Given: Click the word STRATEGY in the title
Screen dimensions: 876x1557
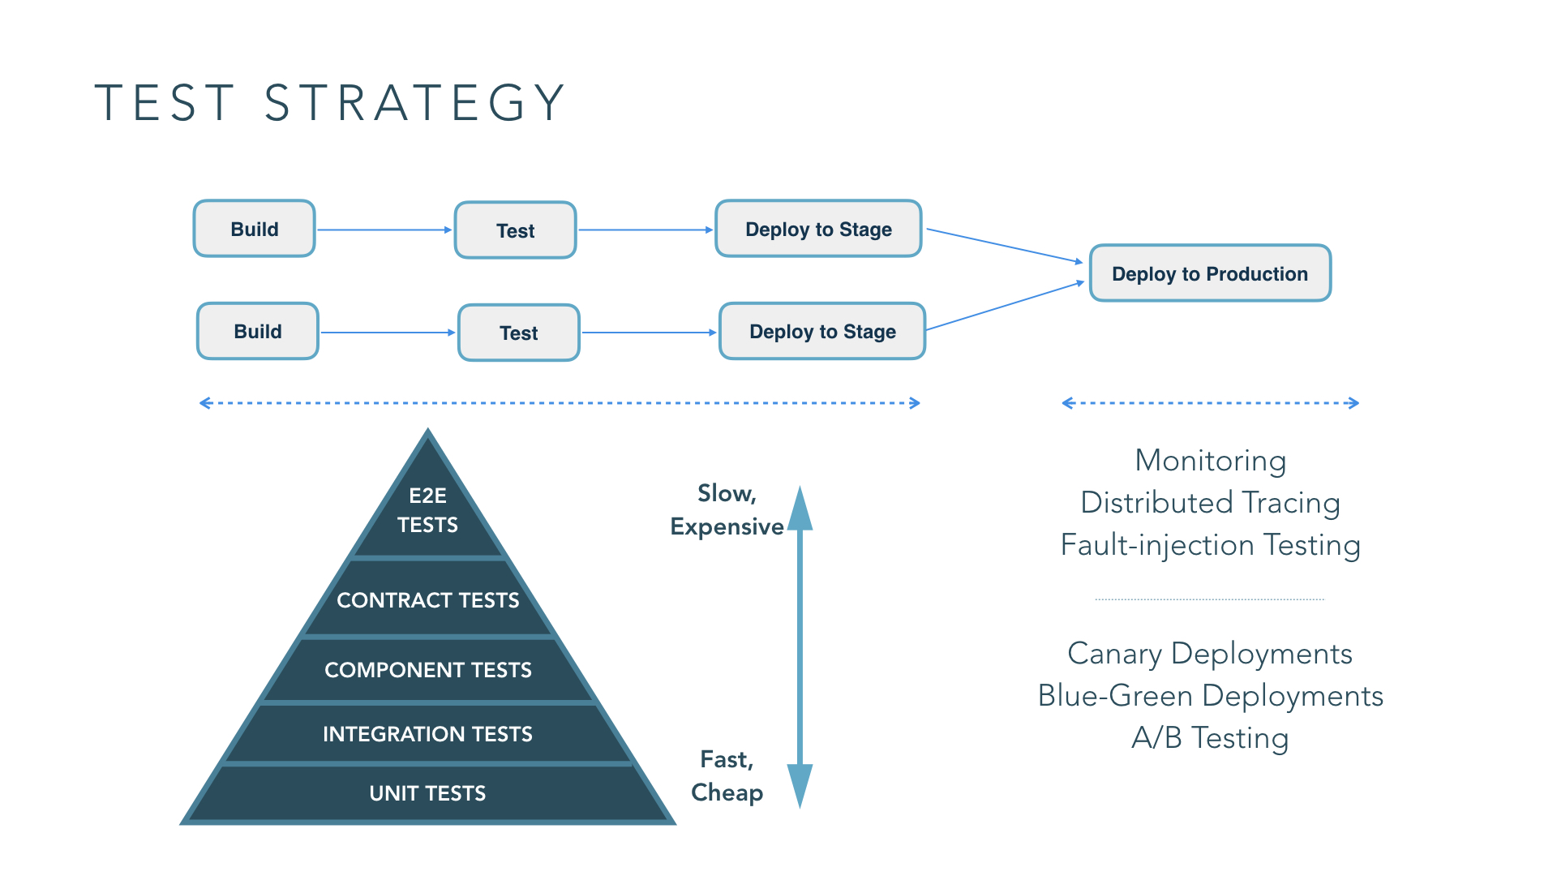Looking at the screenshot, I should (x=414, y=103).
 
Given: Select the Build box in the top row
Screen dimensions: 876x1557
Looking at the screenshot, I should (x=255, y=230).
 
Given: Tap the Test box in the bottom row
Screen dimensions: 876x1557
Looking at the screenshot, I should (x=519, y=333).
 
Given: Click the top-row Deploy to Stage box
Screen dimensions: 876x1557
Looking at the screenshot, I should (x=818, y=230).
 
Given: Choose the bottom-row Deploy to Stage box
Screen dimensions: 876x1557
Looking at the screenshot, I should (x=822, y=332).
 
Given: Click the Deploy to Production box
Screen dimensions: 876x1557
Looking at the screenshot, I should (x=1210, y=274).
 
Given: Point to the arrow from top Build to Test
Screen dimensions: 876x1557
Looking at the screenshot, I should (x=384, y=230).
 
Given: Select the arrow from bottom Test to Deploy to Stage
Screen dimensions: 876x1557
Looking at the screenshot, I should (x=649, y=333).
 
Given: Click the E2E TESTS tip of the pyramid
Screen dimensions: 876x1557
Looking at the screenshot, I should (x=427, y=510).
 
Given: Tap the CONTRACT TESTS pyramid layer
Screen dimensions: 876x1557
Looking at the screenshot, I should (x=427, y=600).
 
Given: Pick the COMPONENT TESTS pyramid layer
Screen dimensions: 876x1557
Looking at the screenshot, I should (x=427, y=670).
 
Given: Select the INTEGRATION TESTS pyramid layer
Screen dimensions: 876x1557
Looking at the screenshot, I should (x=427, y=734).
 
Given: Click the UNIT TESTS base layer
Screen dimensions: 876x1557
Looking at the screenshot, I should (x=427, y=793).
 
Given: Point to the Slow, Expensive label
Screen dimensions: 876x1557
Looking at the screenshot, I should (x=727, y=510).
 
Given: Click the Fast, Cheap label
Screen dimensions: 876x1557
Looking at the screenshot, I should (x=727, y=776).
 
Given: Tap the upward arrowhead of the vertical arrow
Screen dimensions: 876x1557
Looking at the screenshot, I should (x=800, y=509).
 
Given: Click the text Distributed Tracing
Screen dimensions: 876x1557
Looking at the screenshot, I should (x=1210, y=503).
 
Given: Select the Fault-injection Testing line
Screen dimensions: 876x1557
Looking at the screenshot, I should (x=1210, y=545).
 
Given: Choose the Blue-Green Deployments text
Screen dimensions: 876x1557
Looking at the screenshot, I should (x=1210, y=696).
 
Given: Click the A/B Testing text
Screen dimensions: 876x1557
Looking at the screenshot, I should (x=1210, y=738).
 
